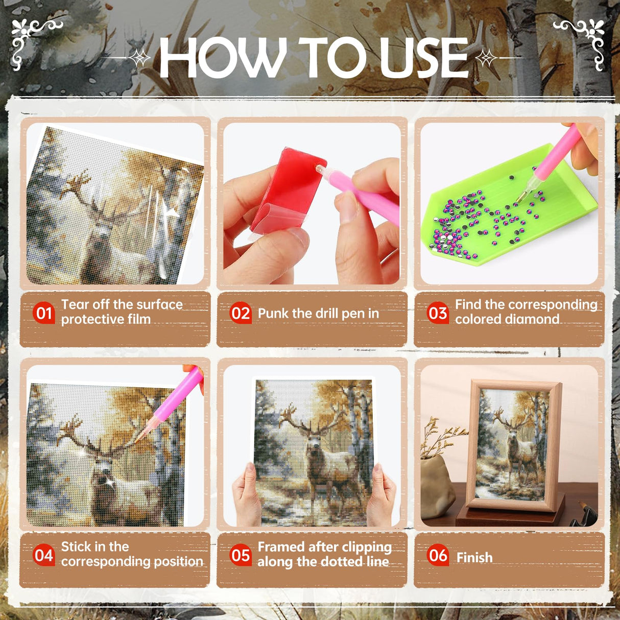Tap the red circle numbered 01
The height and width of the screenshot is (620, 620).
click(x=44, y=313)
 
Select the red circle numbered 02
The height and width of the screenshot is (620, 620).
click(x=241, y=313)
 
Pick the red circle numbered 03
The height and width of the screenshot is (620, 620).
click(x=438, y=313)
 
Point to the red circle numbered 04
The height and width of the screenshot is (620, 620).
click(x=44, y=555)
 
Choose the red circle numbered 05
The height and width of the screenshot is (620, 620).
click(x=241, y=555)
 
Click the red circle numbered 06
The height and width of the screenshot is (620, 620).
click(x=438, y=555)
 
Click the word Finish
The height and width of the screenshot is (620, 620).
click(x=474, y=558)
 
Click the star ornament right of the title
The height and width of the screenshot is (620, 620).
click(x=486, y=58)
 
